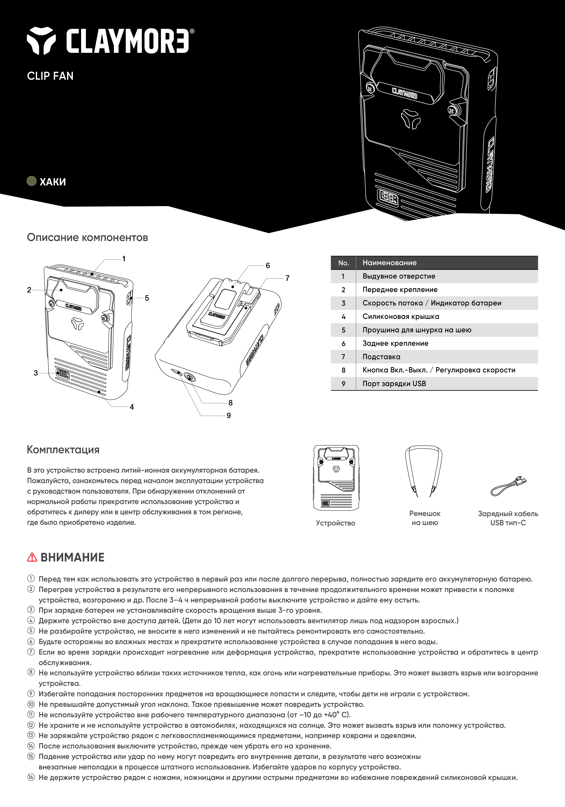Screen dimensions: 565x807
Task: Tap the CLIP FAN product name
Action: pyautogui.click(x=50, y=76)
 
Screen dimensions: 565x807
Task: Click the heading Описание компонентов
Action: pyautogui.click(x=87, y=237)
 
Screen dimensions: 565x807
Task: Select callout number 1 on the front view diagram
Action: pyautogui.click(x=124, y=259)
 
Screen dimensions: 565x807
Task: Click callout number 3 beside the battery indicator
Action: pyautogui.click(x=36, y=373)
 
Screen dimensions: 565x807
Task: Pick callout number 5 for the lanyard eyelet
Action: pyautogui.click(x=147, y=298)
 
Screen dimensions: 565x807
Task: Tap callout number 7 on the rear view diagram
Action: pyautogui.click(x=288, y=278)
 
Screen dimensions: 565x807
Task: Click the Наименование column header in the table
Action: pyautogui.click(x=390, y=263)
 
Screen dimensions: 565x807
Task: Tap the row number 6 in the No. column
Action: pyautogui.click(x=344, y=343)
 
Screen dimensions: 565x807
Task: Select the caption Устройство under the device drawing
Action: pyautogui.click(x=335, y=523)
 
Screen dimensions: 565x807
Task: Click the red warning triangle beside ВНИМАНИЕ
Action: pyautogui.click(x=32, y=557)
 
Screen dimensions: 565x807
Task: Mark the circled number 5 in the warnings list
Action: pyautogui.click(x=31, y=631)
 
